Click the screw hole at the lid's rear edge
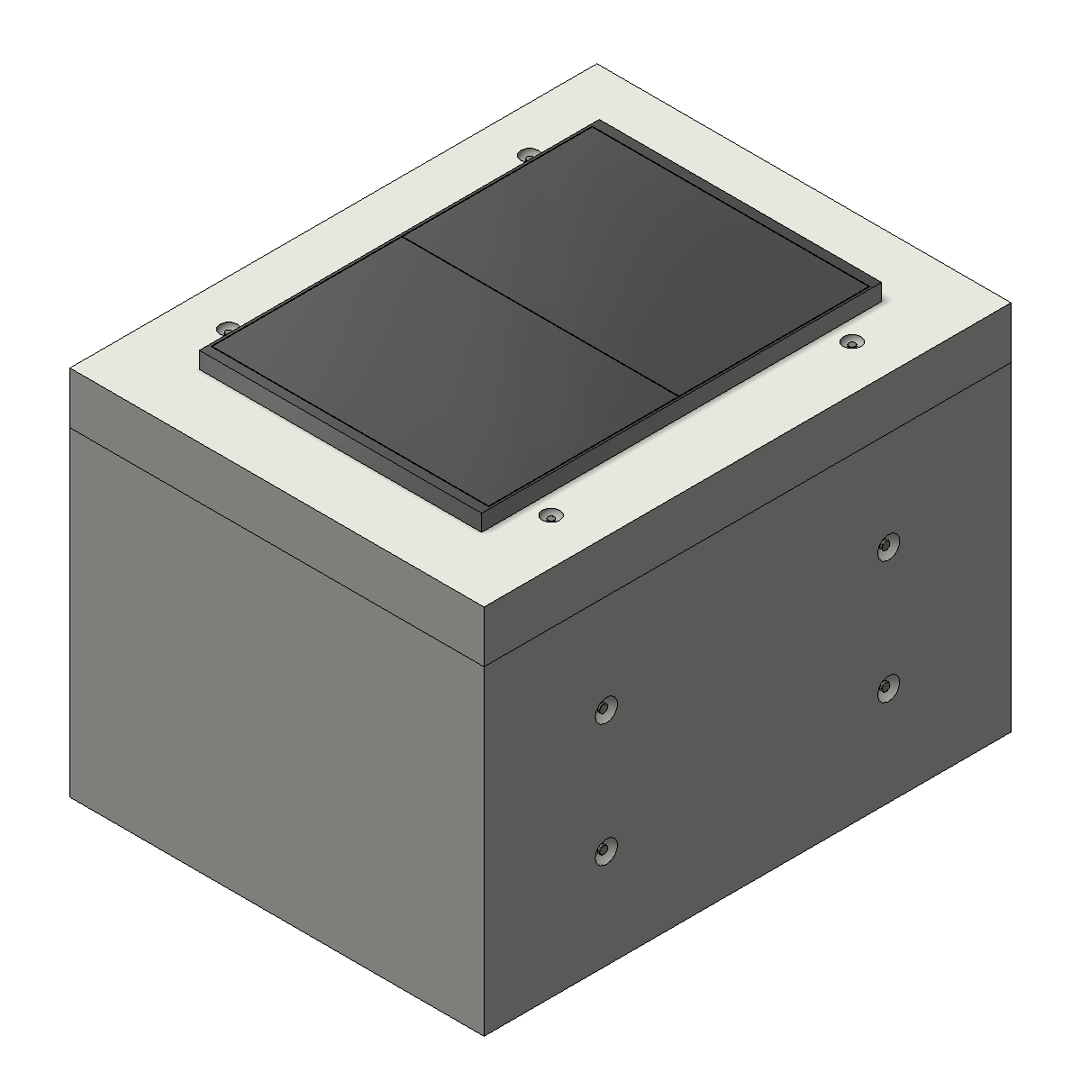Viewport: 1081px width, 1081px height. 530,155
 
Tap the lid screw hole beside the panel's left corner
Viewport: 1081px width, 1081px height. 228,328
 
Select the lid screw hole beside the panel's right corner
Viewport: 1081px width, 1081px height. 850,342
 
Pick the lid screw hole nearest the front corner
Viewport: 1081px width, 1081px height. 550,515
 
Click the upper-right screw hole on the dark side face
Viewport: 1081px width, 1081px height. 887,547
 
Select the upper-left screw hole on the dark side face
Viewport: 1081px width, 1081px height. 604,709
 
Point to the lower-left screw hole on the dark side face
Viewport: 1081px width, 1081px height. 604,849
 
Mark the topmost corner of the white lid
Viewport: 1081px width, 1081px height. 596,65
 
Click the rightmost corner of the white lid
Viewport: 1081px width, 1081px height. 1010,304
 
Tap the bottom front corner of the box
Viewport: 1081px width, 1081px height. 485,1035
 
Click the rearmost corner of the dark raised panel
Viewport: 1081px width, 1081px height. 595,122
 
